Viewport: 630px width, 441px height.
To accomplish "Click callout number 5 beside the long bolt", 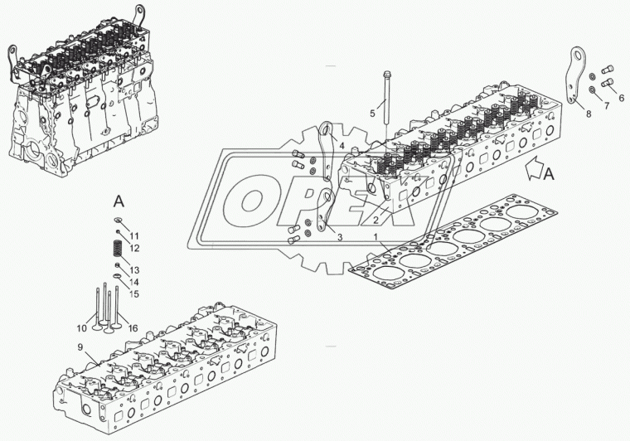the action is [x=372, y=114].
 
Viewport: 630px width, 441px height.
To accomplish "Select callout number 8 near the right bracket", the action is [x=589, y=114].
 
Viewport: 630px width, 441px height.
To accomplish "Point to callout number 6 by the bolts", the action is [x=621, y=98].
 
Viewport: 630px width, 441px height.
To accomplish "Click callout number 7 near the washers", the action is [x=606, y=105].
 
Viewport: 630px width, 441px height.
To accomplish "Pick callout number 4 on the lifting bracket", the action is [x=342, y=146].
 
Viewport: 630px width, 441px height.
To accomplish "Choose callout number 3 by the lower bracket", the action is [x=340, y=237].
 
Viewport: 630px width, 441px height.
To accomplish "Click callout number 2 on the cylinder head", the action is [x=376, y=220].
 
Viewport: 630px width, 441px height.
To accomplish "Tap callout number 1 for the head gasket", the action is [x=376, y=237].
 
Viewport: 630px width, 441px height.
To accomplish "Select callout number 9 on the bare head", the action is [x=80, y=347].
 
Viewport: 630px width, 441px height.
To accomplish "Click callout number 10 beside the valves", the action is [x=81, y=328].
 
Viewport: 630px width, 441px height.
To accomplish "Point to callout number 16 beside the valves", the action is [x=133, y=328].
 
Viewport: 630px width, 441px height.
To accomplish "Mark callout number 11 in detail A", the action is [x=133, y=235].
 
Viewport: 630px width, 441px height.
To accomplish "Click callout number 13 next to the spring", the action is [x=134, y=270].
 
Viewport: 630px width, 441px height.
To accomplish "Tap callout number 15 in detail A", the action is [x=133, y=293].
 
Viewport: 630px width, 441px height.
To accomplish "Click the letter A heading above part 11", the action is [x=119, y=201].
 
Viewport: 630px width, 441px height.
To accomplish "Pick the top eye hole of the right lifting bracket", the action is [x=579, y=52].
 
